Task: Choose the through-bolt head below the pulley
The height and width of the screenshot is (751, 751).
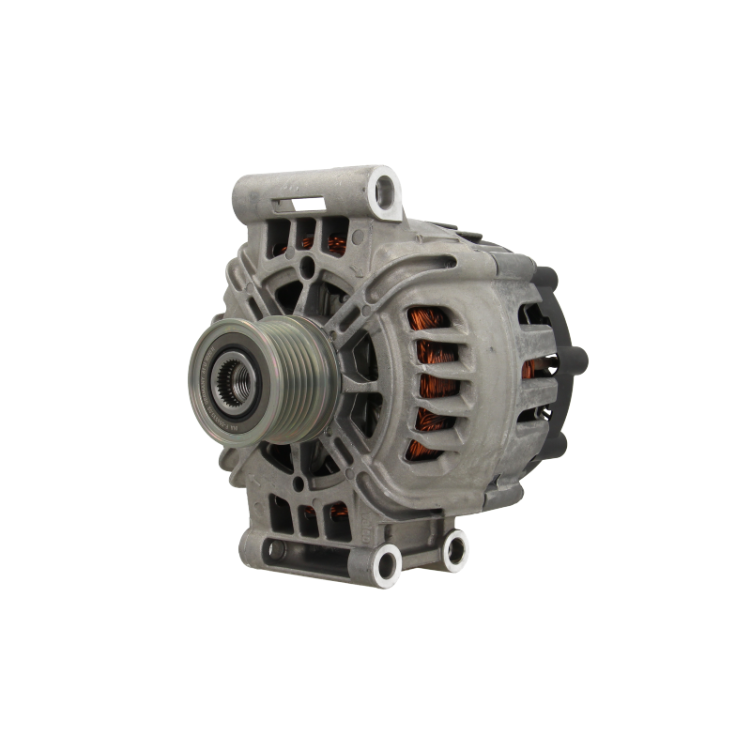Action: pyautogui.click(x=299, y=483)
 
